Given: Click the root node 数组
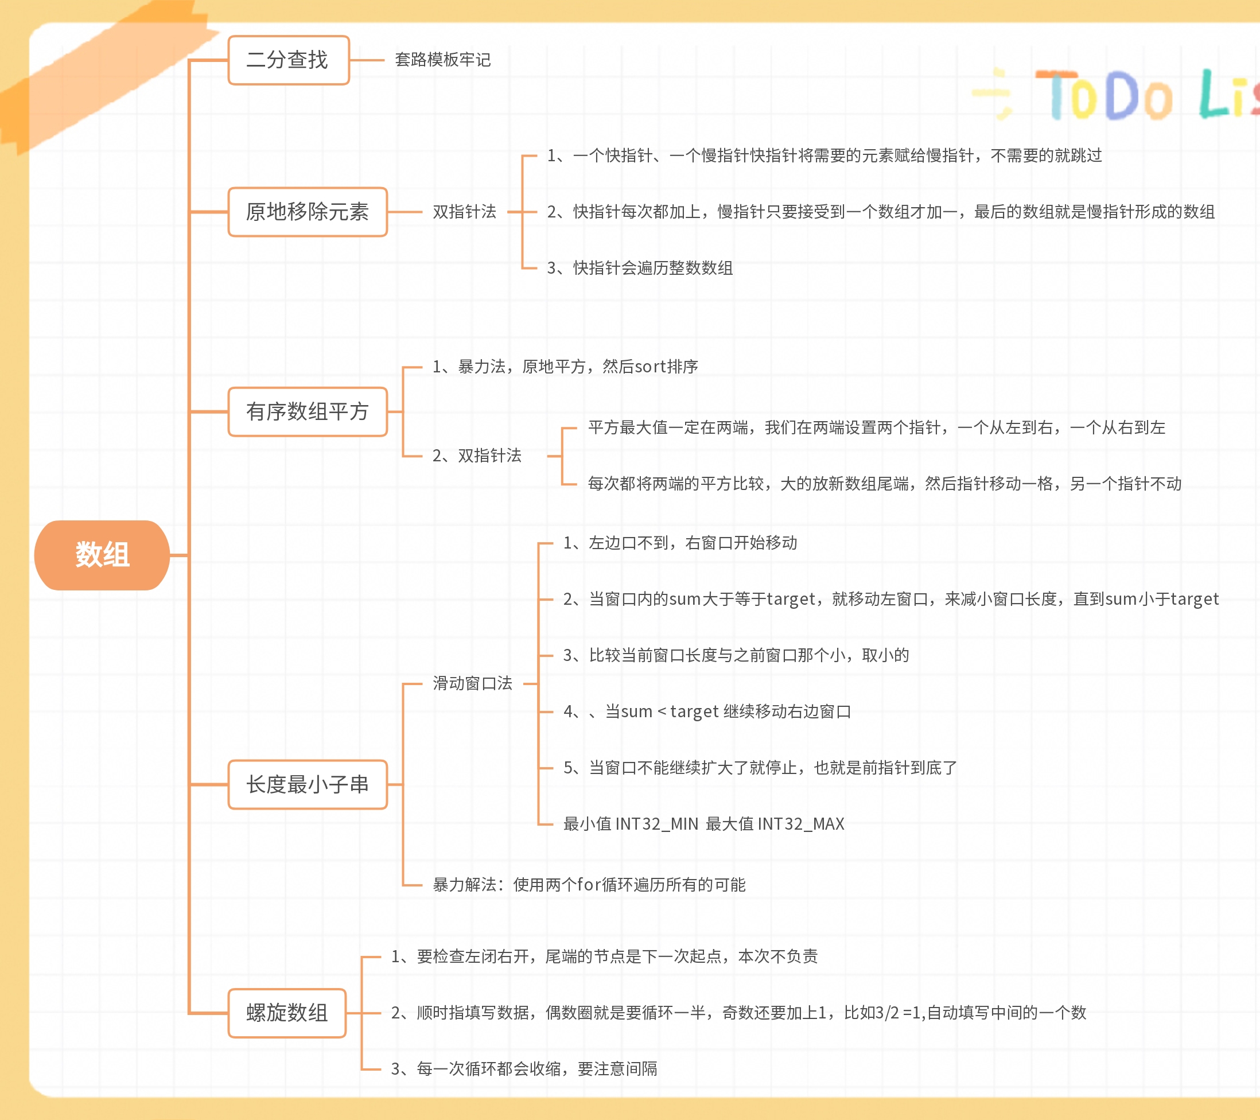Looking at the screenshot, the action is point(102,555).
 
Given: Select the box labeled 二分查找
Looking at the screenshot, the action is point(288,60).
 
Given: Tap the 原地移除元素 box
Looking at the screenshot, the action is point(307,211).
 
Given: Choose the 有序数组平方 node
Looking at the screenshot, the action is point(307,411).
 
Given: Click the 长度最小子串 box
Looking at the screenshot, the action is point(307,784).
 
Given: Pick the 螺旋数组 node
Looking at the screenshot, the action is point(287,1013).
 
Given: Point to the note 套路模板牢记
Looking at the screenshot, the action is point(442,60).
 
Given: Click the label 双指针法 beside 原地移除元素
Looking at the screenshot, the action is point(464,211).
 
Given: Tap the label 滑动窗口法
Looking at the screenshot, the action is point(472,683).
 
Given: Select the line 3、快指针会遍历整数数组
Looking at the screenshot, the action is point(640,268).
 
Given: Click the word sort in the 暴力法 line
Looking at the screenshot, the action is point(650,367).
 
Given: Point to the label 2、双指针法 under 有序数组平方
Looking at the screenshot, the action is point(476,456).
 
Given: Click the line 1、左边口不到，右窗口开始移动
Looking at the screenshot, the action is point(680,542).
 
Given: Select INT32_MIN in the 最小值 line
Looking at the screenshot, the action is point(656,823).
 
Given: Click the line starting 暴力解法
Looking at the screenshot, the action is point(589,885).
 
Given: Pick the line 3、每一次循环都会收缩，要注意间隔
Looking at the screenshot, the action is point(524,1068).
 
